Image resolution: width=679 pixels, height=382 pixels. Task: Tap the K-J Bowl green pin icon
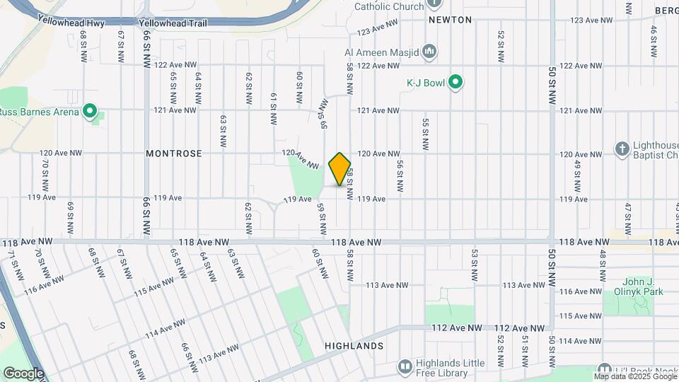click(456, 83)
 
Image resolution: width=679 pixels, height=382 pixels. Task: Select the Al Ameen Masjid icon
click(429, 52)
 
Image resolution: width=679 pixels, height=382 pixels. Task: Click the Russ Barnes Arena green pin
click(89, 111)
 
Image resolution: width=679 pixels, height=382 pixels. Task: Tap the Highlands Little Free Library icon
click(405, 367)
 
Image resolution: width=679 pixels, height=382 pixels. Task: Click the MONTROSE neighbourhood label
click(174, 154)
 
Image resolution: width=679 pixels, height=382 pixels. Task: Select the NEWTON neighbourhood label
click(450, 21)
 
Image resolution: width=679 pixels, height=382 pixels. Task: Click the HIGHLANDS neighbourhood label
click(354, 347)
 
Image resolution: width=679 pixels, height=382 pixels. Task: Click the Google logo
click(23, 374)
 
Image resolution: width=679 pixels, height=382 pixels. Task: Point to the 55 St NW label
click(425, 134)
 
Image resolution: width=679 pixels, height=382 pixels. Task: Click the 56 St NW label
click(400, 177)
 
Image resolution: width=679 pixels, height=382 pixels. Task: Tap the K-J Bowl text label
click(425, 83)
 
